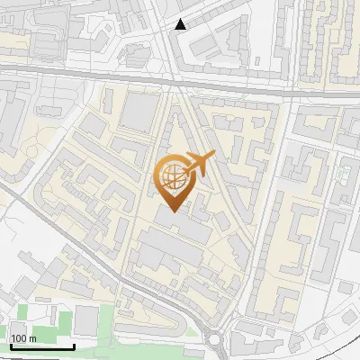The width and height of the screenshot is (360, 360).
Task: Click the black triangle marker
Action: point(181,24)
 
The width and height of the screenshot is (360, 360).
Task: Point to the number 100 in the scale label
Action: point(20,338)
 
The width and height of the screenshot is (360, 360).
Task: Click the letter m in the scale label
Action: point(33,338)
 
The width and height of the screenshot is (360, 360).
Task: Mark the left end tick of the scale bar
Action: point(11,345)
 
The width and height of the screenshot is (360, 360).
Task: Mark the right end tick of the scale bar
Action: point(74,345)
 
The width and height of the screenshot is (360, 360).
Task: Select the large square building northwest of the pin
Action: point(139,112)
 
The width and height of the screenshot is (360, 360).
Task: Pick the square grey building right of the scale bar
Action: point(86,318)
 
